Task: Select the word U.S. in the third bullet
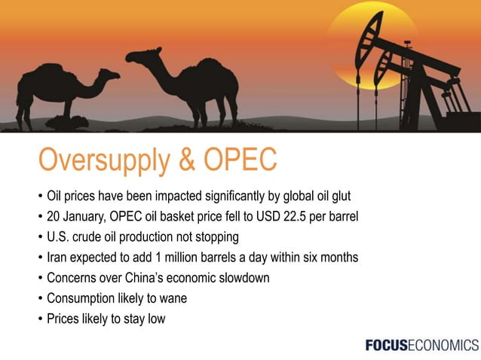pyautogui.click(x=60, y=237)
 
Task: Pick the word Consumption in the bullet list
pyautogui.click(x=84, y=298)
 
